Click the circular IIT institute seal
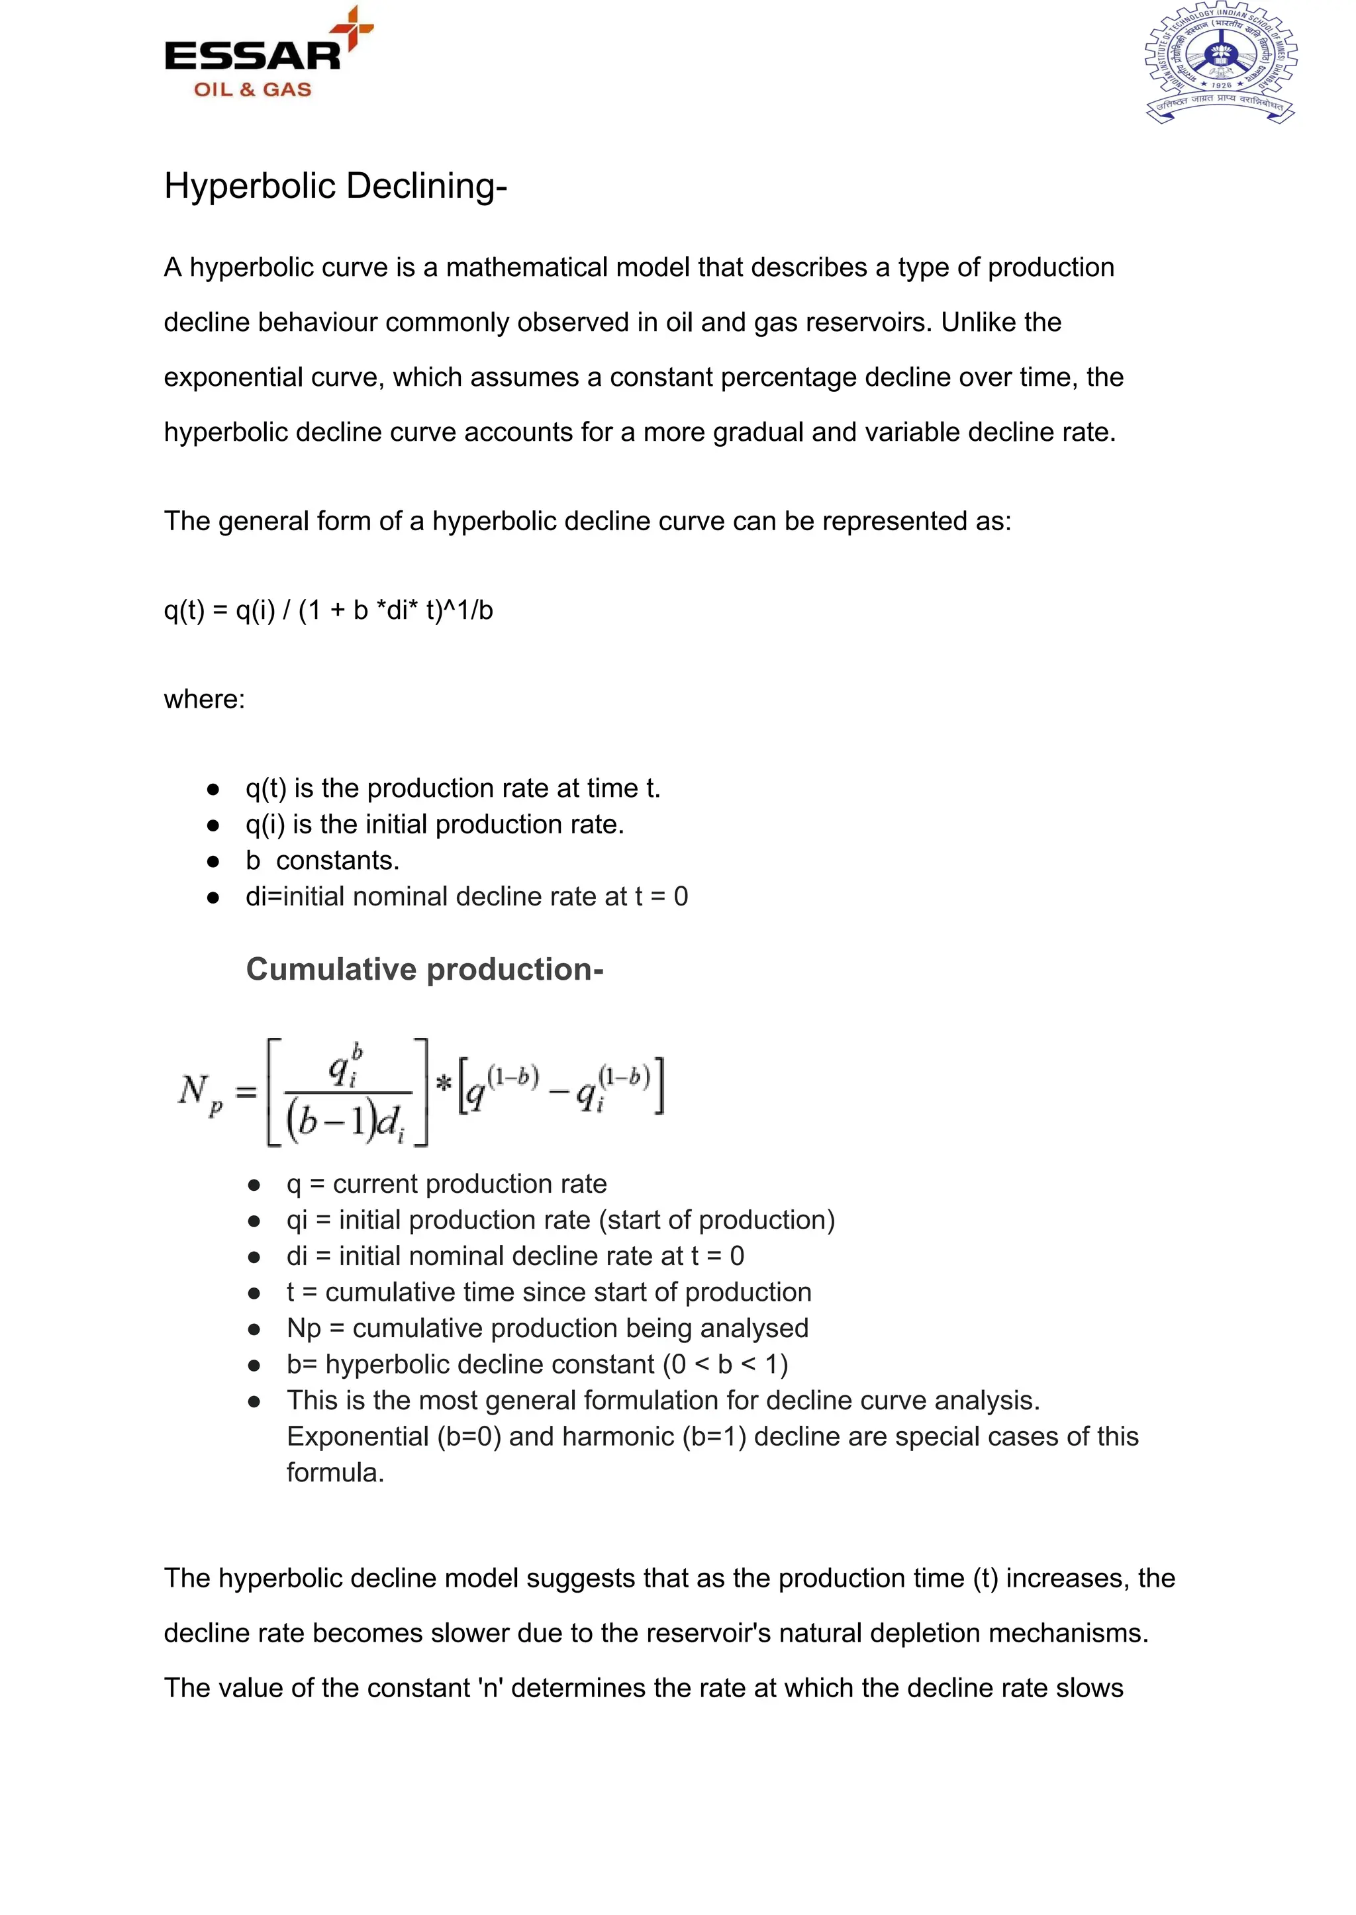point(1220,64)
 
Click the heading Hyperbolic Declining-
point(335,185)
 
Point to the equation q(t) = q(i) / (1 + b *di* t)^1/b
point(328,610)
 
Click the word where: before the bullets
point(205,699)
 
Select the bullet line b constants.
point(322,860)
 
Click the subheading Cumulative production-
point(424,969)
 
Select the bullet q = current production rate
point(446,1184)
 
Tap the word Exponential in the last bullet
point(358,1436)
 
